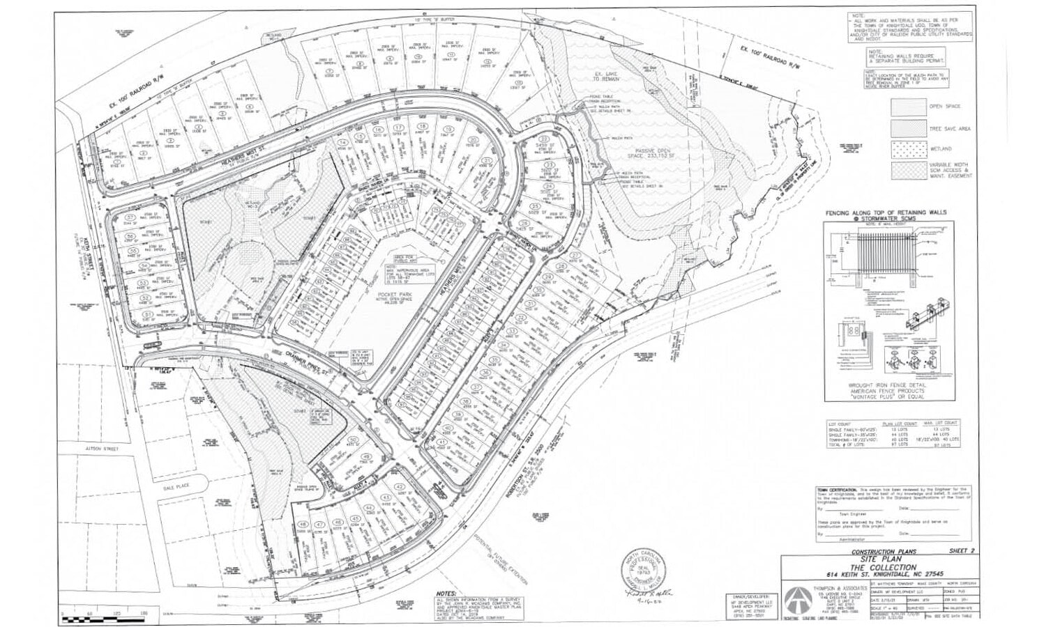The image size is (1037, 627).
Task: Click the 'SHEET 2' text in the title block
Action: (x=962, y=551)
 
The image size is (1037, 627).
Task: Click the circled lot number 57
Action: (x=130, y=218)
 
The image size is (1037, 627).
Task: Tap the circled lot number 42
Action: (x=399, y=487)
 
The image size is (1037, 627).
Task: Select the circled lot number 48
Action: (x=302, y=525)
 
